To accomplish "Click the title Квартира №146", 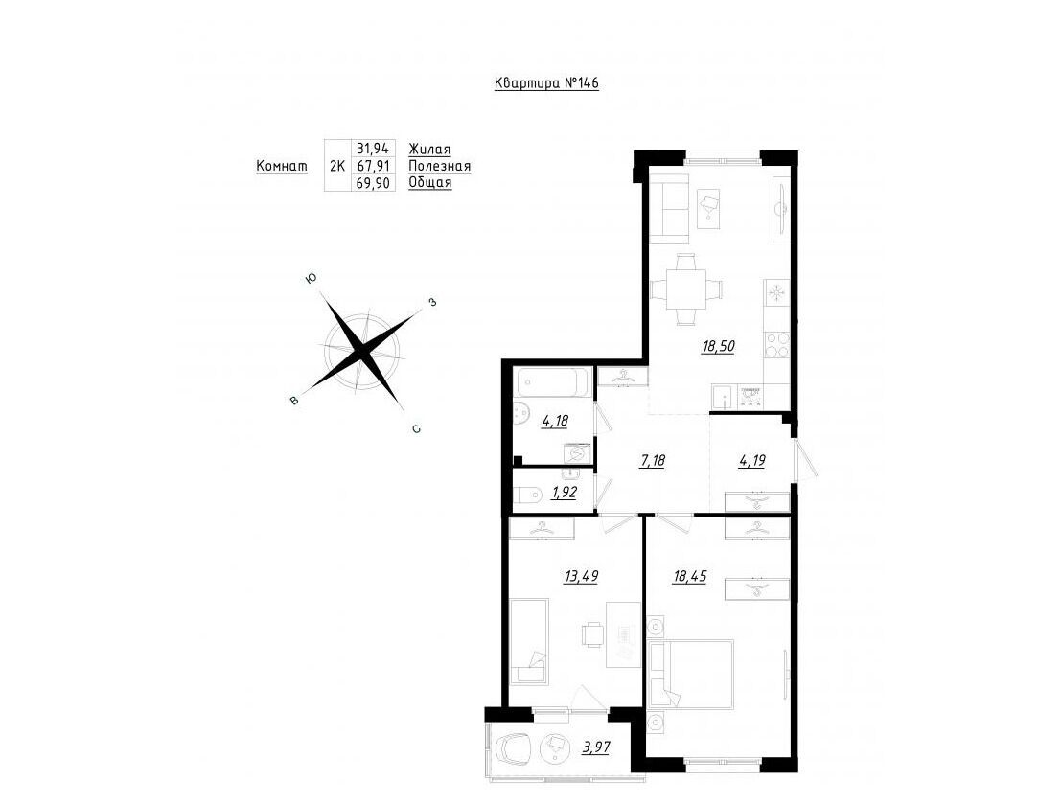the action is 546,83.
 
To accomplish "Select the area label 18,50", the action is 718,346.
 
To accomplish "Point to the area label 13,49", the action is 581,576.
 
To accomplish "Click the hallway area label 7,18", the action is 652,461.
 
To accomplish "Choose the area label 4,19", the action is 751,461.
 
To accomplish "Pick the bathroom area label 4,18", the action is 555,421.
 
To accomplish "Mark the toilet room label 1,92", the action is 565,493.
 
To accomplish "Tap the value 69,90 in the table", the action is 373,183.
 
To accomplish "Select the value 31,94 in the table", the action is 373,149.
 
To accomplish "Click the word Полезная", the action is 440,166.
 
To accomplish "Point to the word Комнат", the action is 282,166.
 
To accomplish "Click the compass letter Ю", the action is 311,278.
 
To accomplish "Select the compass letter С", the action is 417,428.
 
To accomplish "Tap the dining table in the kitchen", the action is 686,289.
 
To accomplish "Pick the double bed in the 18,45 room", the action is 691,675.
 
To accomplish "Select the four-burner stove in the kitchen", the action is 777,345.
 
